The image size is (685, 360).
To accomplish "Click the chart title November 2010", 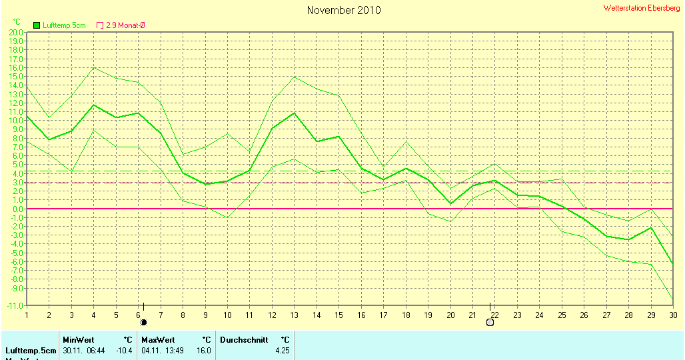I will coord(344,10).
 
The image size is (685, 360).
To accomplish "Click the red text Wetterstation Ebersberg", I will coord(642,8).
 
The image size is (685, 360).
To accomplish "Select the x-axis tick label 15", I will coord(339,315).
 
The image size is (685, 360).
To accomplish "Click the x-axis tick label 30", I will coord(672,315).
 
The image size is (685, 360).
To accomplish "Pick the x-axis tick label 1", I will coord(27,315).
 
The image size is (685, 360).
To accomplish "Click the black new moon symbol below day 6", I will coord(143,322).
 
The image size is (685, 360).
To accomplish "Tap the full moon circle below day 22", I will coord(490,322).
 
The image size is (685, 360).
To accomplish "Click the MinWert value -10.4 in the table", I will coord(125,350).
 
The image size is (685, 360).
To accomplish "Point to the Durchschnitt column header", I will coord(244,339).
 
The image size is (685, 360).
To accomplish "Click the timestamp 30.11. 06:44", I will coord(80,350).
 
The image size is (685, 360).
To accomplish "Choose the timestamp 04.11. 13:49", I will coord(159,350).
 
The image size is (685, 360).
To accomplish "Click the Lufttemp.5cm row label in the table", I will coord(31,350).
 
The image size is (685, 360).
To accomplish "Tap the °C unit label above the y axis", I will coord(17,22).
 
